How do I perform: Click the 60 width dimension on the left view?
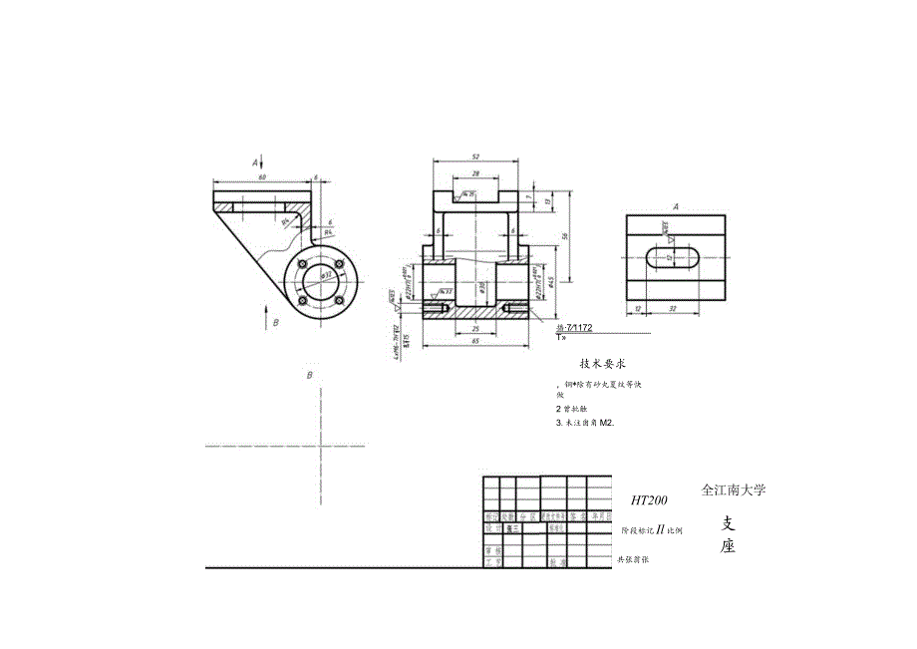262,175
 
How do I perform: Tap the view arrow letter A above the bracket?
255,161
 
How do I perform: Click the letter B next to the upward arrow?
276,323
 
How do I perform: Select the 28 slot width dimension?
475,172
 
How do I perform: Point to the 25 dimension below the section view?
475,328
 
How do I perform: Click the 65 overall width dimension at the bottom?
475,342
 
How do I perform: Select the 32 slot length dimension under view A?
675,309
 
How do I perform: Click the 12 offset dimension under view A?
637,309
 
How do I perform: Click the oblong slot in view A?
676,257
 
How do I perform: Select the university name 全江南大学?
734,490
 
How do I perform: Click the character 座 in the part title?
728,546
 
